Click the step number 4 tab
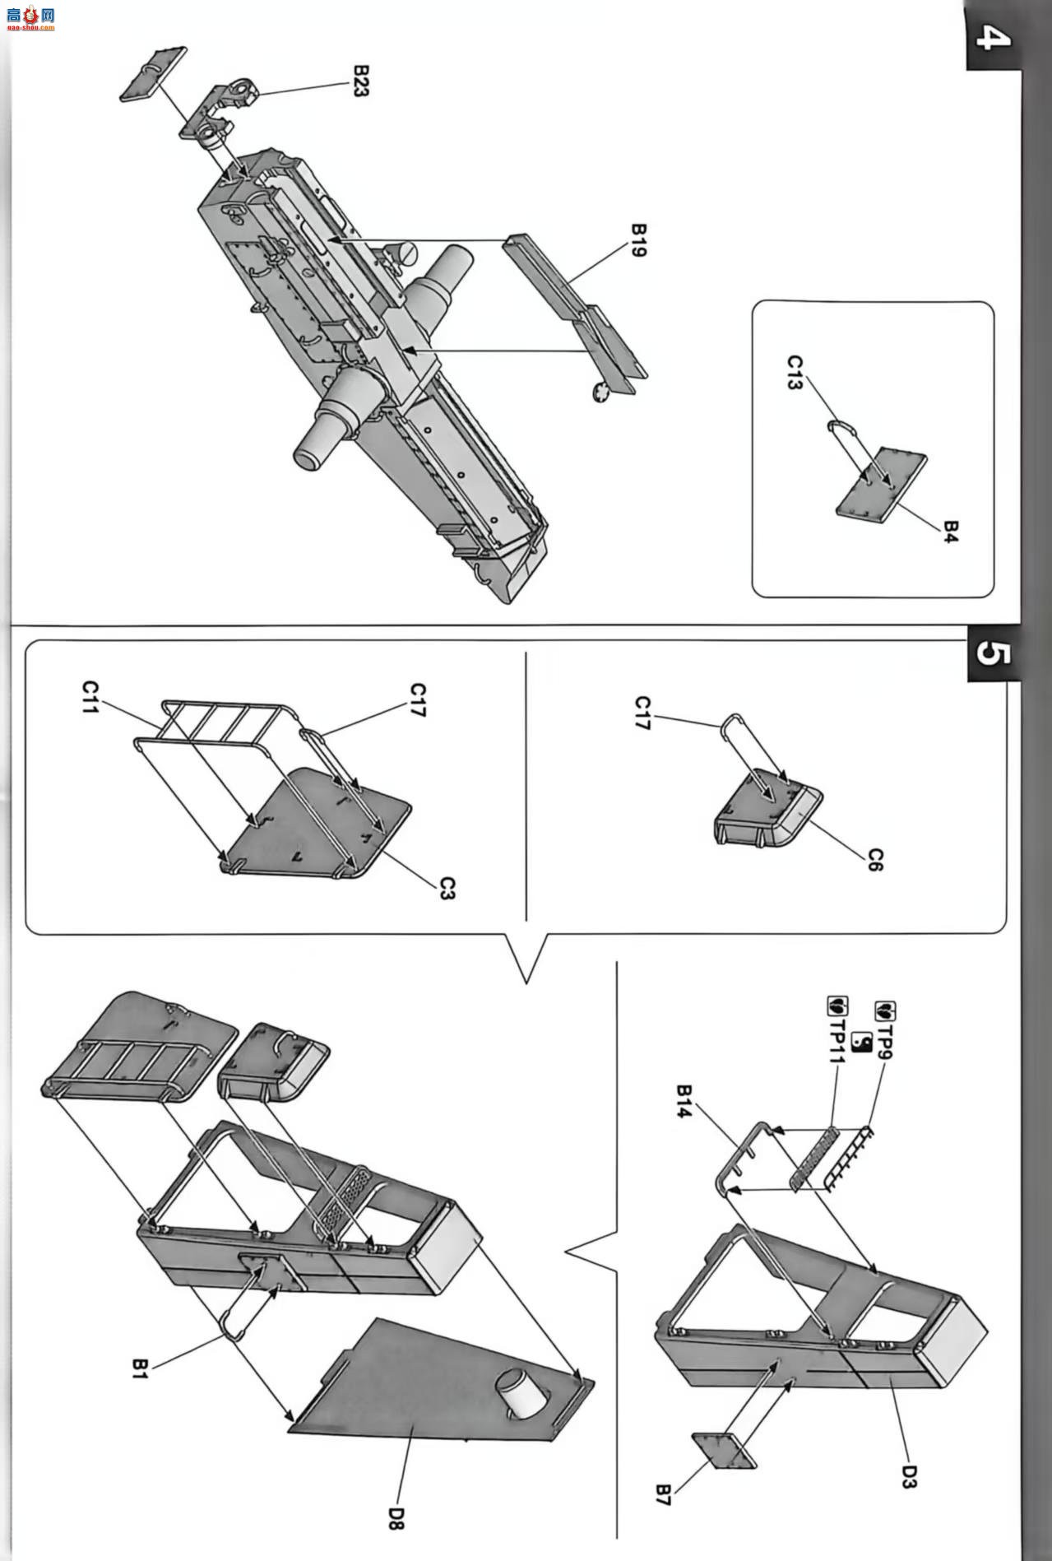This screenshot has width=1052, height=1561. coord(993,36)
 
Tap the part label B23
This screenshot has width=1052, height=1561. coord(359,81)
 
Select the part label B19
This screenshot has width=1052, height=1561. coord(638,239)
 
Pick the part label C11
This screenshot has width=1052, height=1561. coord(90,696)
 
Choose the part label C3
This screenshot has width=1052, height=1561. coord(447,888)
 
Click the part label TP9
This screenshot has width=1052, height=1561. coord(886,1029)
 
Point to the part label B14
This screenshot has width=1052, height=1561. coord(684,1102)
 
